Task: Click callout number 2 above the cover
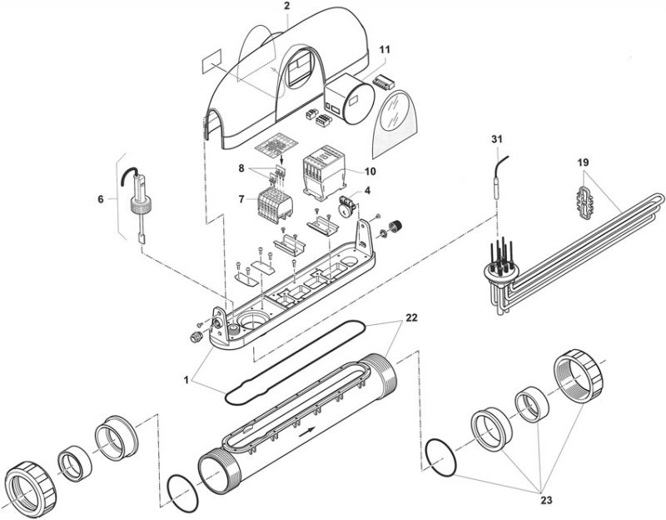click(287, 6)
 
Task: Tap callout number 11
click(385, 49)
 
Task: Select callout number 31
click(497, 139)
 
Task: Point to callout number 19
click(584, 162)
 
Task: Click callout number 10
click(370, 171)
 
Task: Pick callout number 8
click(241, 168)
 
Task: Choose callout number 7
click(241, 199)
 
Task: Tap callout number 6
click(101, 199)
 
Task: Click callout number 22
click(411, 317)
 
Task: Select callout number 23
click(546, 500)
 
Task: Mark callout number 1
click(186, 380)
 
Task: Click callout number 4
click(367, 191)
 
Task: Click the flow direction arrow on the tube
click(306, 432)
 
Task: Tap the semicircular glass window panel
click(395, 122)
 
